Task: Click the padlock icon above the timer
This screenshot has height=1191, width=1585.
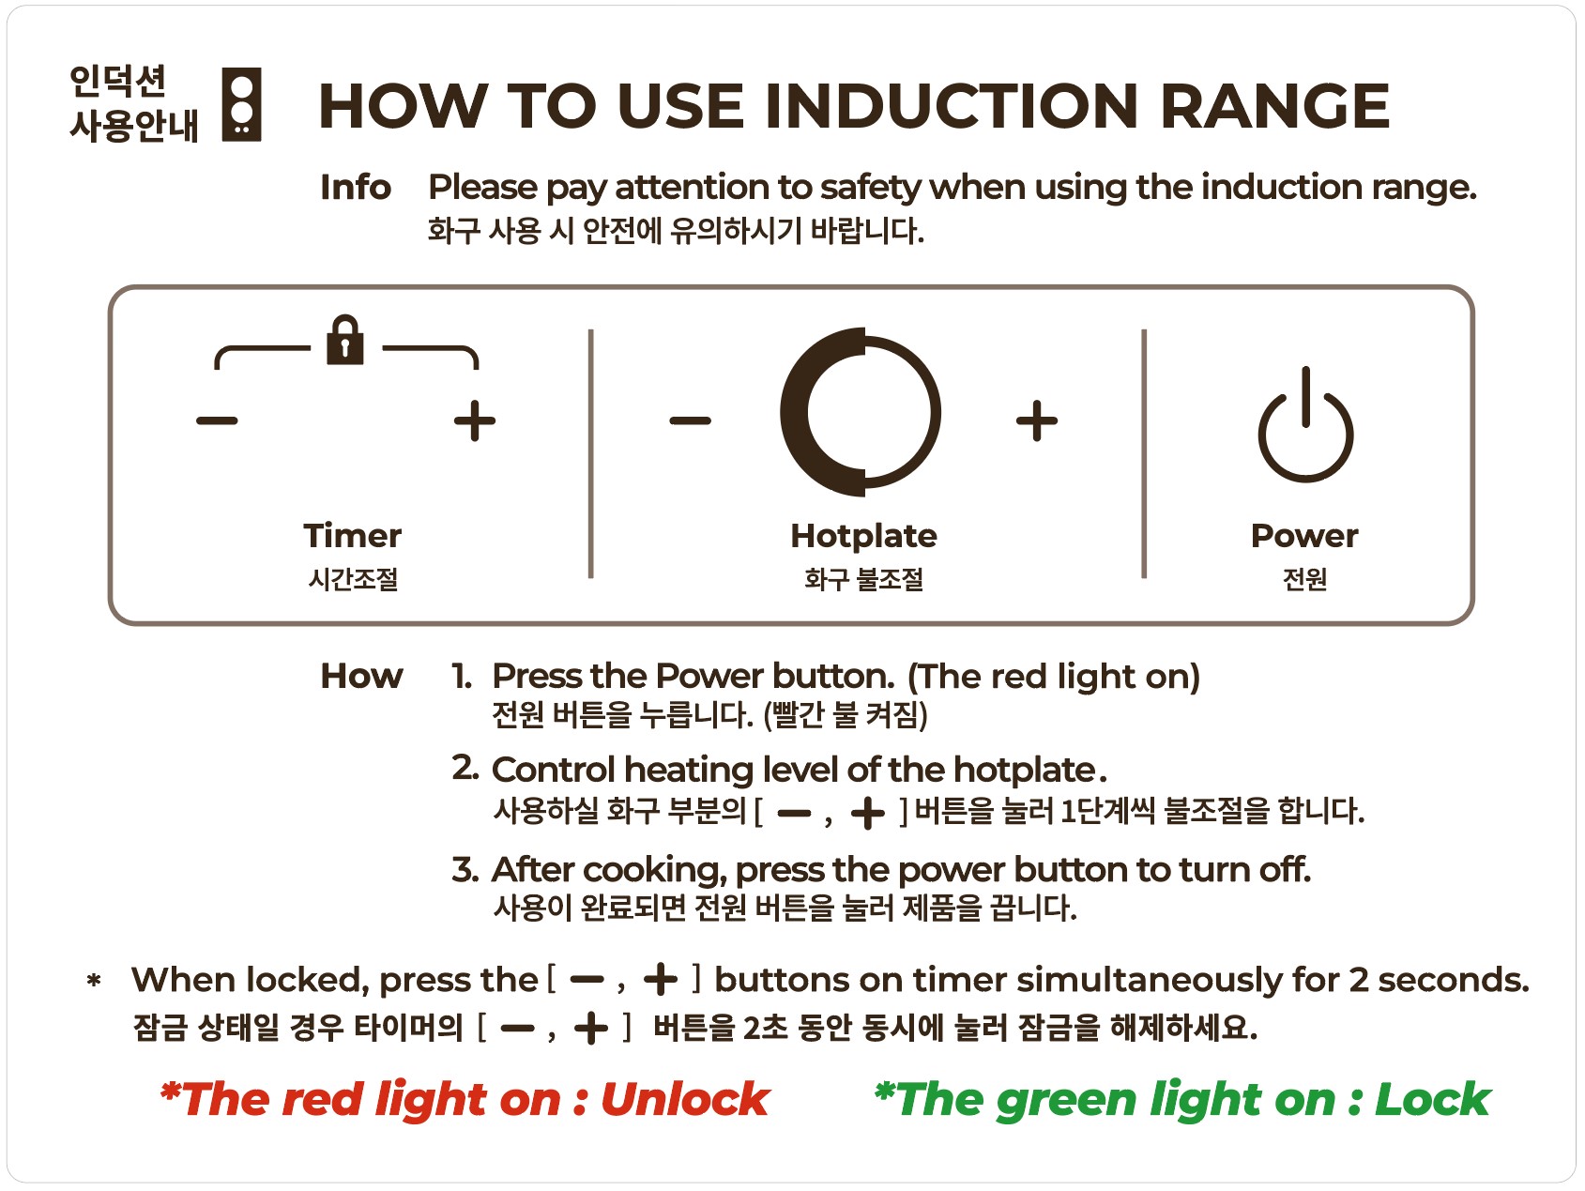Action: click(x=344, y=339)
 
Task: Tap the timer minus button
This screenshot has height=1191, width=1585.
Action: click(x=217, y=420)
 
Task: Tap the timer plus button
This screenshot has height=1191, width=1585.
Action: click(x=475, y=420)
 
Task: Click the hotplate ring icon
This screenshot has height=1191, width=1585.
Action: click(x=861, y=412)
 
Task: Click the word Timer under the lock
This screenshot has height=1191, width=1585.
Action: click(x=353, y=535)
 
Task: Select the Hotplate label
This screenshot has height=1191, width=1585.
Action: click(x=863, y=535)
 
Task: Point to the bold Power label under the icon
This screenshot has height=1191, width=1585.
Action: click(x=1304, y=535)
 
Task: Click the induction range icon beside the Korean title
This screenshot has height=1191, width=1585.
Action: click(x=241, y=104)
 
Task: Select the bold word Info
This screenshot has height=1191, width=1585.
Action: click(x=356, y=187)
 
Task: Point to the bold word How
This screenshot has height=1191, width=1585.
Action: click(x=361, y=676)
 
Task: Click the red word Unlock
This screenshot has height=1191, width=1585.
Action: click(x=685, y=1099)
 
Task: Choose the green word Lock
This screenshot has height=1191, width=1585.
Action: click(x=1432, y=1099)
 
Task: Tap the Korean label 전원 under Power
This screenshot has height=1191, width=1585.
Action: click(x=1304, y=578)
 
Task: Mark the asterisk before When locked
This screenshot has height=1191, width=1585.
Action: click(x=94, y=982)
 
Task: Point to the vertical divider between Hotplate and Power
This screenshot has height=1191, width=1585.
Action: click(x=1144, y=453)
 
